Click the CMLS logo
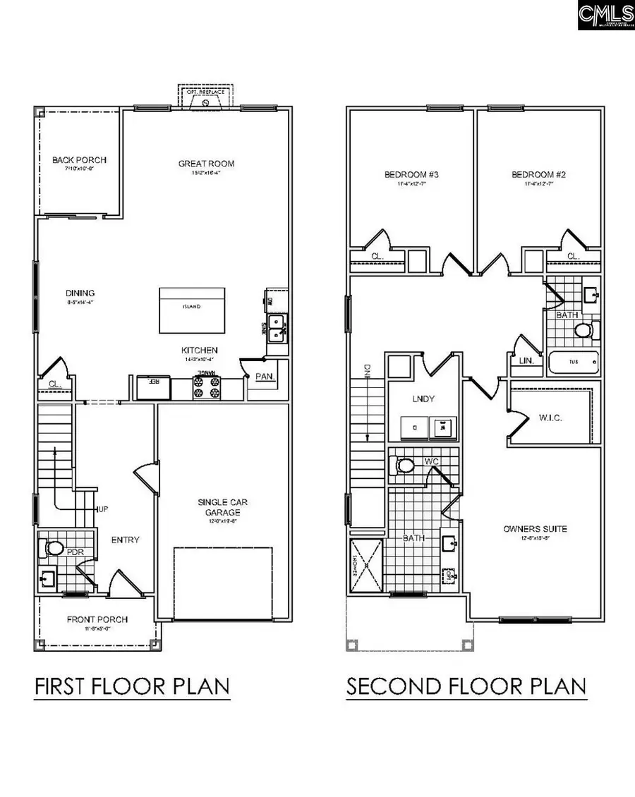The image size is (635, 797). click(x=605, y=15)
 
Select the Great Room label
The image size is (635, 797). click(x=206, y=164)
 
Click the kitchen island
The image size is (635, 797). click(x=192, y=310)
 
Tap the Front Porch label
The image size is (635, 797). click(x=97, y=619)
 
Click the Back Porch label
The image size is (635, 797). click(x=73, y=160)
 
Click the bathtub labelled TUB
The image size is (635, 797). click(x=572, y=363)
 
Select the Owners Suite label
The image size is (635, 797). click(x=535, y=528)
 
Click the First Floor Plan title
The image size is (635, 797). click(x=132, y=686)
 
